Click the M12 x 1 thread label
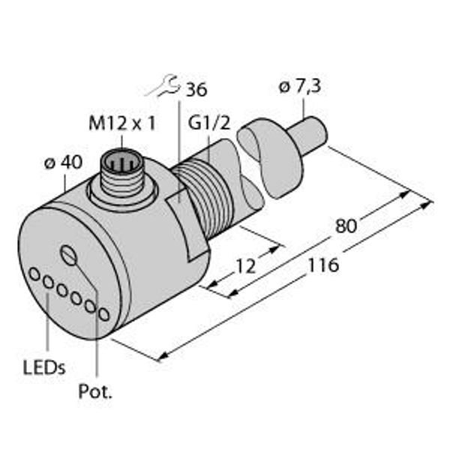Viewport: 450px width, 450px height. pos(122,124)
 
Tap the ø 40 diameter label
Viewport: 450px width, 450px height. pos(64,162)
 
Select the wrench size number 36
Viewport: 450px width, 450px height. pos(196,89)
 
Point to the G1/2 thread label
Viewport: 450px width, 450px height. pos(209,123)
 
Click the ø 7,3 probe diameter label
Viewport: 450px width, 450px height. pos(299,86)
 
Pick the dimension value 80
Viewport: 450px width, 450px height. pos(346,226)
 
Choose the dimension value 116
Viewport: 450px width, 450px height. pos(323,265)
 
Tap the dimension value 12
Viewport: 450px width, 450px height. pos(245,266)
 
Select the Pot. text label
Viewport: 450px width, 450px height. pos(95,391)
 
